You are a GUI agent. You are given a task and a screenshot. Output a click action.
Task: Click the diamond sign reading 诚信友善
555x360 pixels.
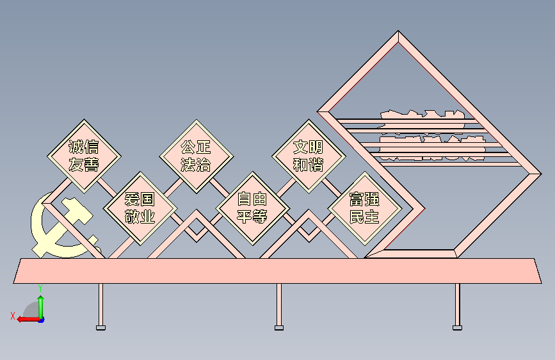(x=84, y=156)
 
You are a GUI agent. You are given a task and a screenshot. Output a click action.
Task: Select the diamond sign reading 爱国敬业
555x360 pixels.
(x=140, y=208)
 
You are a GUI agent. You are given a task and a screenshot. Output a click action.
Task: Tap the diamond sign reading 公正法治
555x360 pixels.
(x=196, y=156)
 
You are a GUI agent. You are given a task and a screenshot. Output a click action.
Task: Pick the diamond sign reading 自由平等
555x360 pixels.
(x=252, y=208)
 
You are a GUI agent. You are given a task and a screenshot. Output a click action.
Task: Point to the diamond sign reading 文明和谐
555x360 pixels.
(x=308, y=156)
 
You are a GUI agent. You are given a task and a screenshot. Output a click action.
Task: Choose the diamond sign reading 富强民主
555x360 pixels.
(x=364, y=208)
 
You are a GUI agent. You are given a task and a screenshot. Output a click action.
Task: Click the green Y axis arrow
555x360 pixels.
(x=40, y=301)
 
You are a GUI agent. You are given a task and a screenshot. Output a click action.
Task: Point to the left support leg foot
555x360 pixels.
(x=101, y=327)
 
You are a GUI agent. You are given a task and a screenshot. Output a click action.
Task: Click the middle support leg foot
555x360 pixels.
(x=278, y=327)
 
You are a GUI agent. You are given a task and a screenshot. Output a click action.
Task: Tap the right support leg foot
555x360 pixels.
(x=456, y=327)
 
